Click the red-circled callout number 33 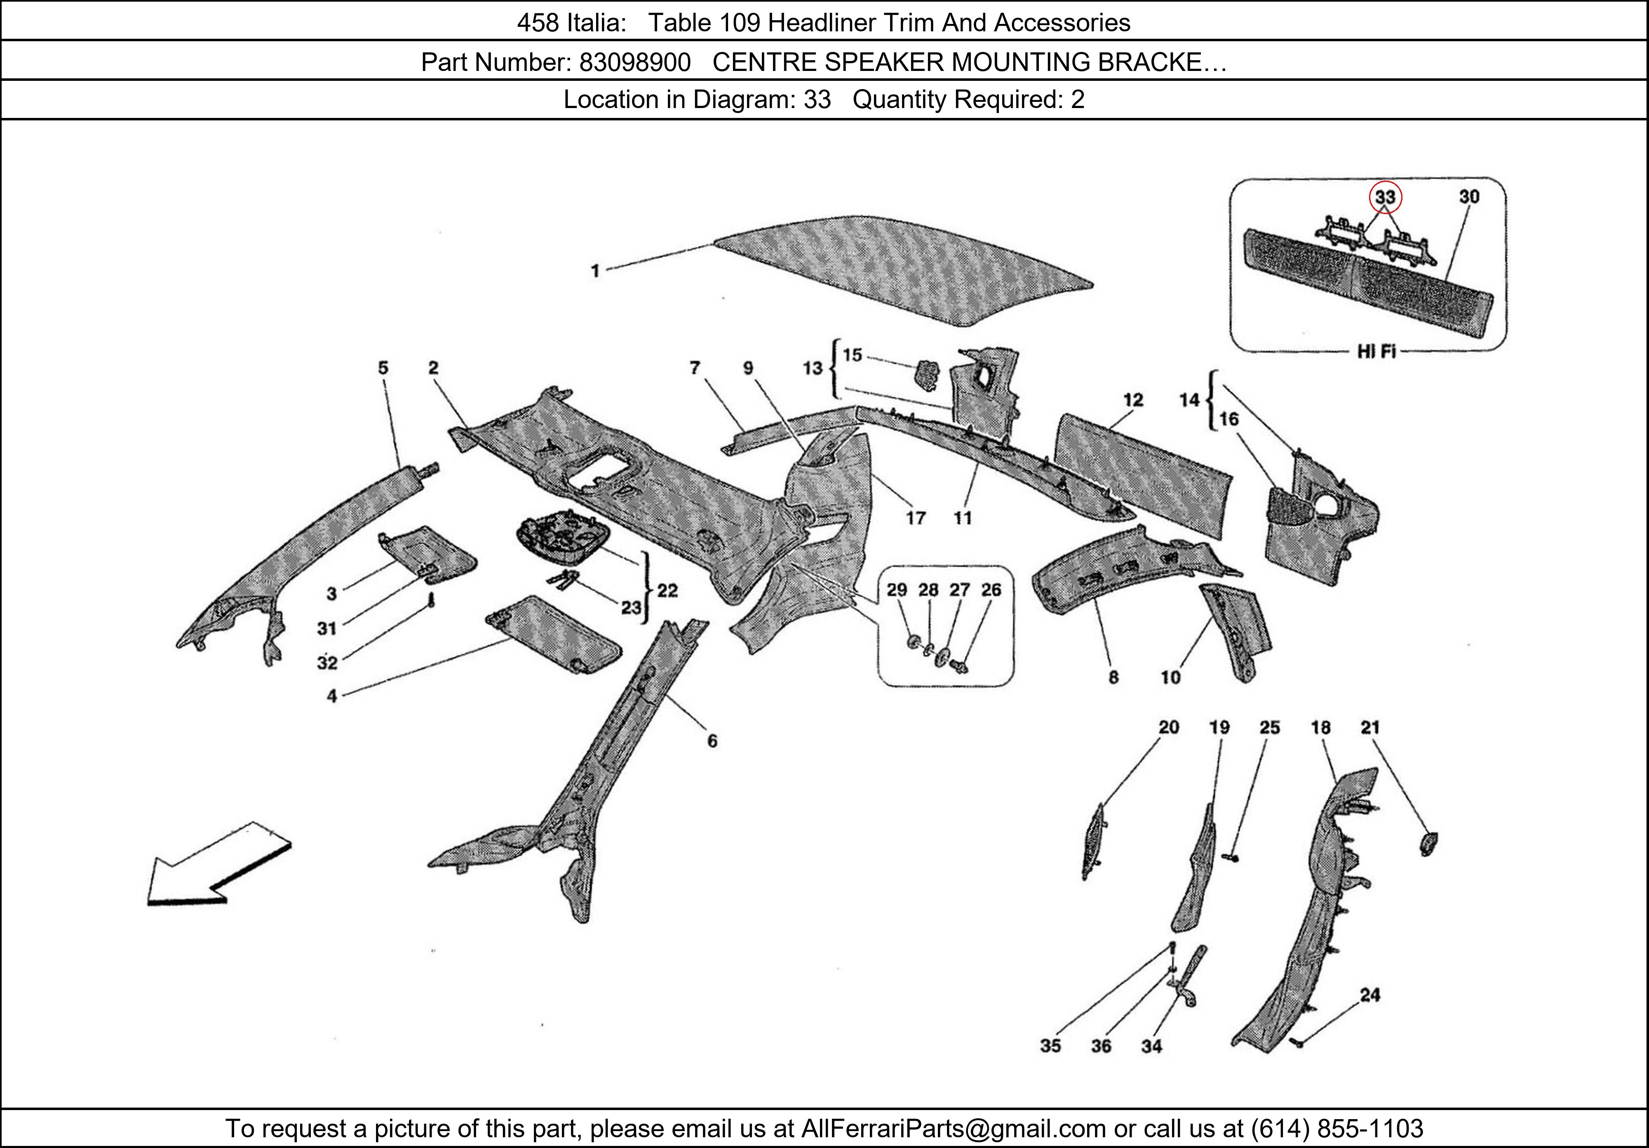(1385, 197)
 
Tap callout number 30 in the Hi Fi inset (1469, 196)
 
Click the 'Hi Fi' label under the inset (1376, 351)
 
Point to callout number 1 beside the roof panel (595, 271)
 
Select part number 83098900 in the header (635, 63)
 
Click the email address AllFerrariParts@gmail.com (953, 1129)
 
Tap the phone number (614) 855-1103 (1337, 1129)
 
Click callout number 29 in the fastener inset (896, 590)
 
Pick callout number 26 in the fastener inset (991, 590)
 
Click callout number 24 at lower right (1369, 995)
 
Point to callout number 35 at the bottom (1050, 1046)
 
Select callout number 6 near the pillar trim (712, 741)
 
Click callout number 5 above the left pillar (383, 368)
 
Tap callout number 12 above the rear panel (1132, 400)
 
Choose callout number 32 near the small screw (327, 662)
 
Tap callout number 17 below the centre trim (915, 518)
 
